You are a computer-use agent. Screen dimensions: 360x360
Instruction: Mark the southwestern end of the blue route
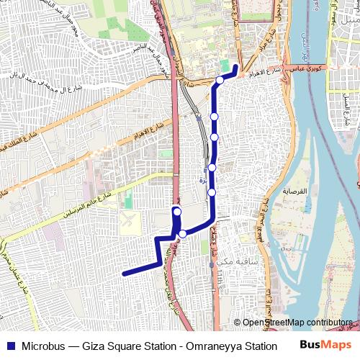point(125,274)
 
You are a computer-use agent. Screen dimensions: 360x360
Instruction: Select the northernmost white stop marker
point(220,80)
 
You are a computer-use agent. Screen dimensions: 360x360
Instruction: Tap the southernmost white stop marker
point(183,233)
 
